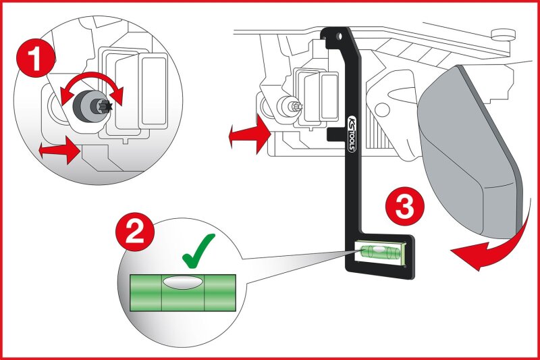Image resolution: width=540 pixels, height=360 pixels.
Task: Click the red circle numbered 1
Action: (35, 59)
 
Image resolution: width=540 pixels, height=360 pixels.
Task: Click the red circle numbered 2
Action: (134, 232)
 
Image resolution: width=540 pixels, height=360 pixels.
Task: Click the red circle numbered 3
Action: (404, 207)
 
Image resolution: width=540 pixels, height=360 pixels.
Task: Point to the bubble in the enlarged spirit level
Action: (182, 282)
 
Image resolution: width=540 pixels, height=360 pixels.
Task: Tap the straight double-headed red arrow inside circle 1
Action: (60, 150)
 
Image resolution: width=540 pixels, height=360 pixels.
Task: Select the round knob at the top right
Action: (503, 34)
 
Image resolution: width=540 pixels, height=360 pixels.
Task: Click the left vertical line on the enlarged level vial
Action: (162, 293)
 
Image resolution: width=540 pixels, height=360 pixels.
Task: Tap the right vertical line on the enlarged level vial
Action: (205, 293)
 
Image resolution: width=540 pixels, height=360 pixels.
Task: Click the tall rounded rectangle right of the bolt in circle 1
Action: (155, 91)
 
